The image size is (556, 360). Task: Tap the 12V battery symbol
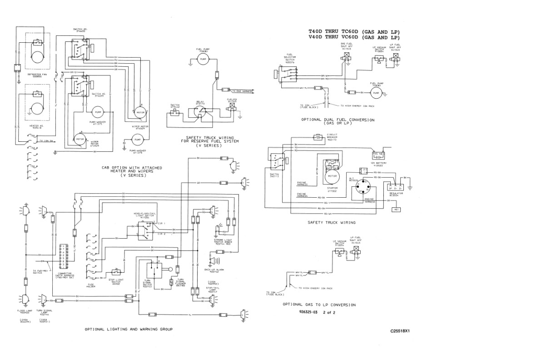point(378,154)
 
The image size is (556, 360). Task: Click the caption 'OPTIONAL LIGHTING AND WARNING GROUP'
point(129,329)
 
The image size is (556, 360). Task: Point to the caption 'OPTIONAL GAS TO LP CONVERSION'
point(319,305)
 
